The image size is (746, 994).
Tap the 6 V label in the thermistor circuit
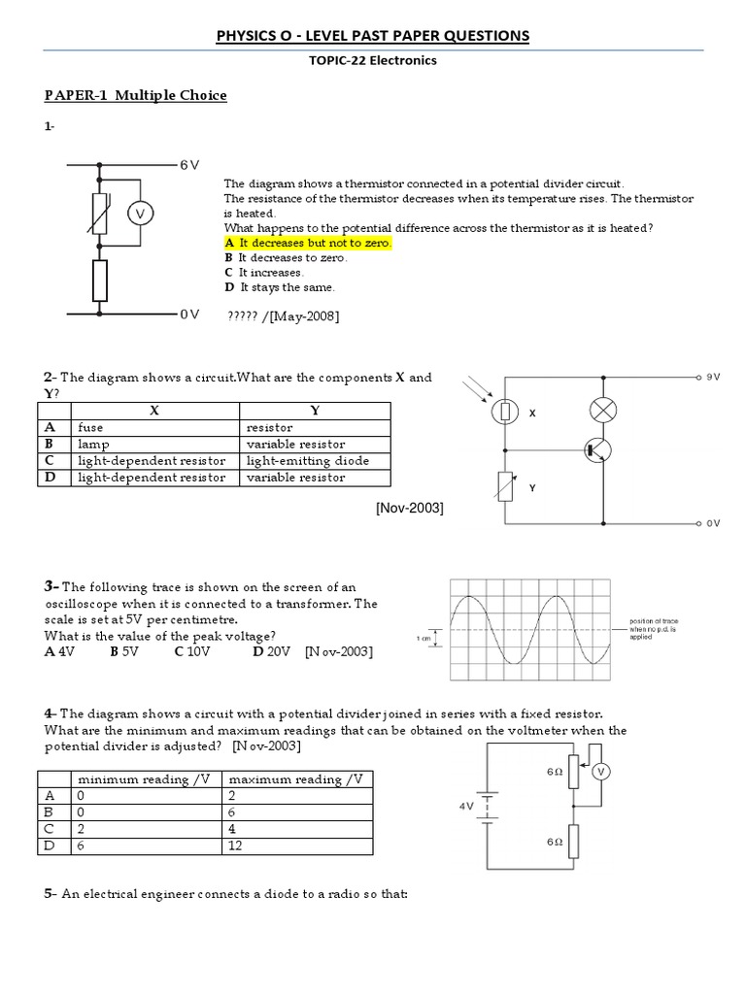(x=189, y=165)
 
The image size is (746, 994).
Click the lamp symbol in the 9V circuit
(x=604, y=411)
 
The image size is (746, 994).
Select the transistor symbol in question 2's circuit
(x=598, y=450)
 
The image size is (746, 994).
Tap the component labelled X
(x=505, y=413)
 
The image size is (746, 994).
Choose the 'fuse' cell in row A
(x=90, y=427)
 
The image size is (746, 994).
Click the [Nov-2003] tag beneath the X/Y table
(x=409, y=509)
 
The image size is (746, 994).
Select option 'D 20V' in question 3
(x=271, y=651)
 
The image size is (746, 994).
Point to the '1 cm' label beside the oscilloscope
(x=422, y=638)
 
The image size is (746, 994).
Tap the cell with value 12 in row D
(x=237, y=846)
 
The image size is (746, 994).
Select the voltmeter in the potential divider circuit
(x=600, y=772)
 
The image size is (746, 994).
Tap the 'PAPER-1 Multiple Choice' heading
(x=135, y=95)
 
